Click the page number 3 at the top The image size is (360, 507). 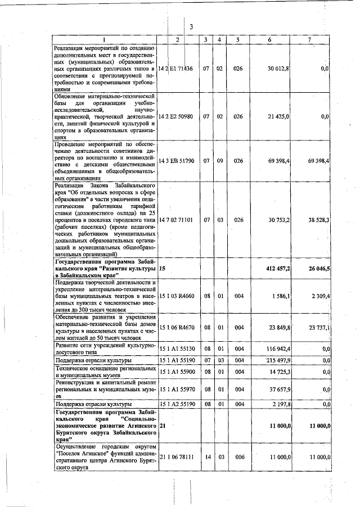pos(191,26)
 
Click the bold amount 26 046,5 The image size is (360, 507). pos(318,269)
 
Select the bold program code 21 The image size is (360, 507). pos(163,427)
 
